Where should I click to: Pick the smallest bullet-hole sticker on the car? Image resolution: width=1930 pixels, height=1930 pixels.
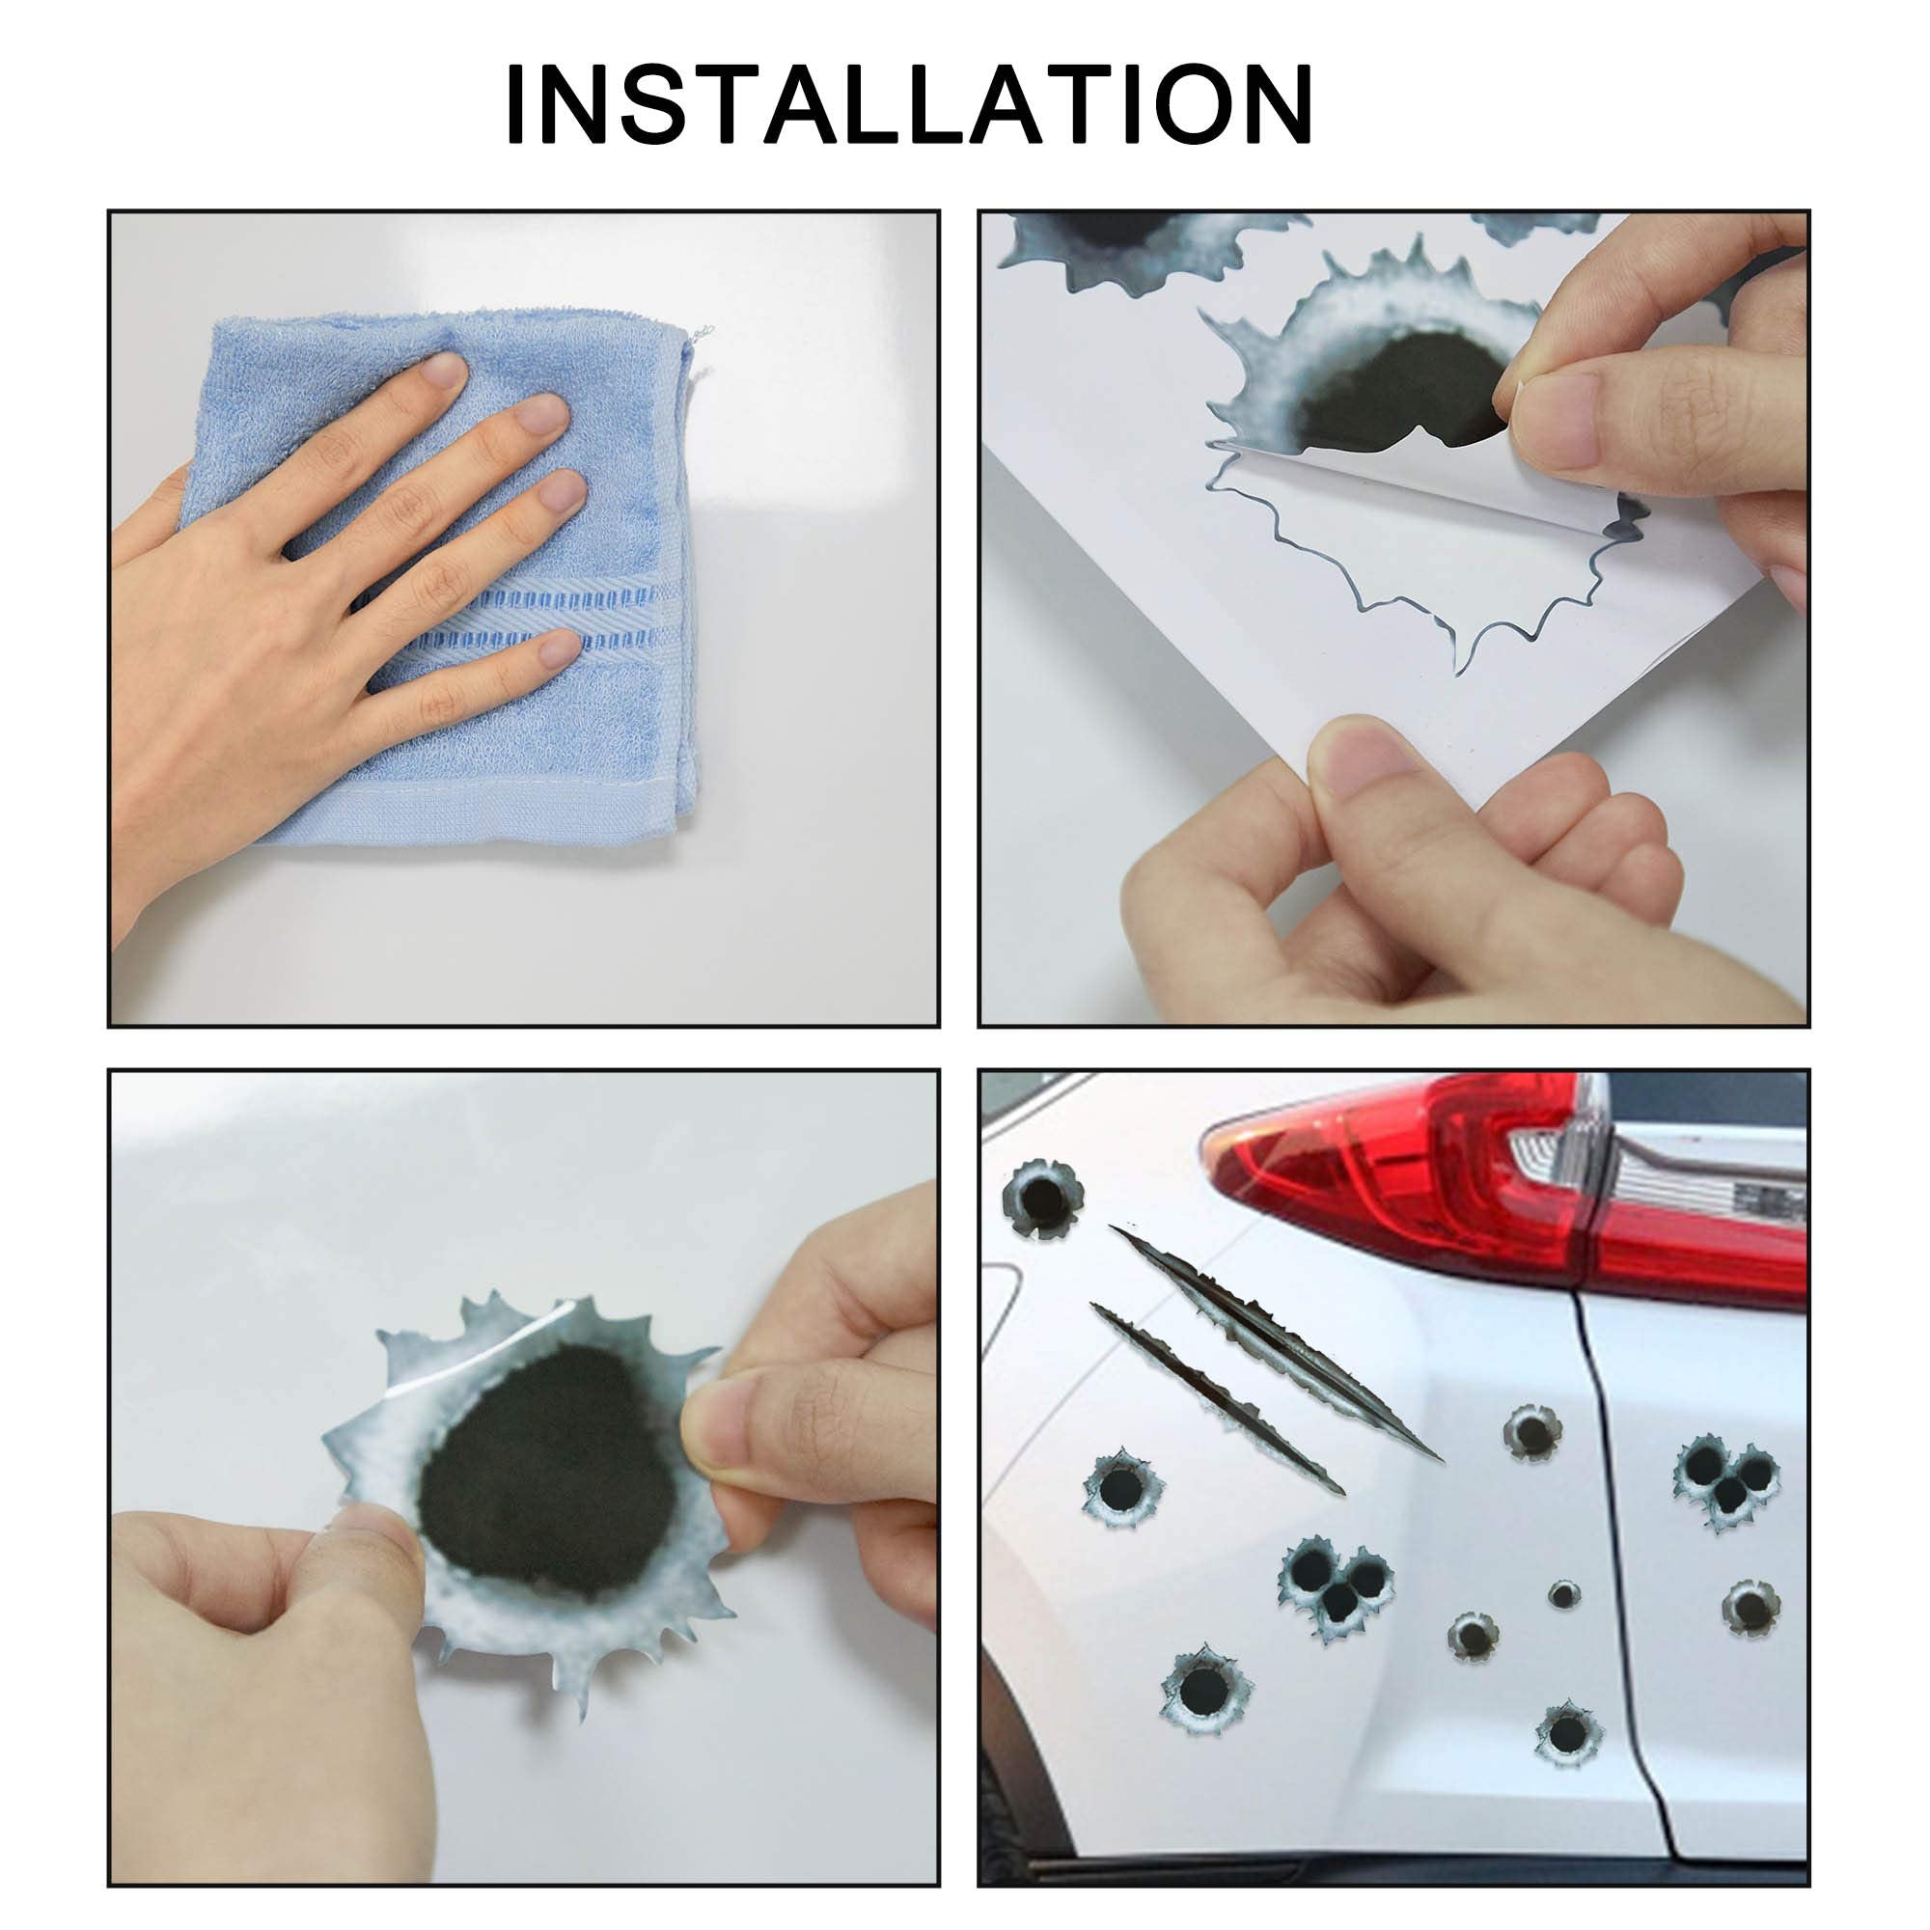1564,1593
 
